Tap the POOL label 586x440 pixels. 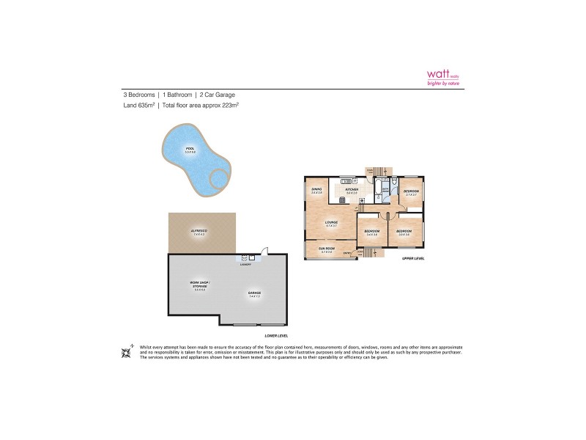coord(190,150)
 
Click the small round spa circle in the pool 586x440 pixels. coord(219,179)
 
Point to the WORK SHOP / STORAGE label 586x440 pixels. coord(199,286)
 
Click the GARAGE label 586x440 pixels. coord(253,293)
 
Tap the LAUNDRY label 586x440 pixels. coord(245,265)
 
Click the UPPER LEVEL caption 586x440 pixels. coord(413,259)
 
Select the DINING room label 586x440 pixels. coord(316,191)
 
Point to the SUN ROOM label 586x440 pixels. coord(327,249)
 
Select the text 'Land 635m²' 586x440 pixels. coord(138,106)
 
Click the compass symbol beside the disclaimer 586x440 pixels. coord(127,351)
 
